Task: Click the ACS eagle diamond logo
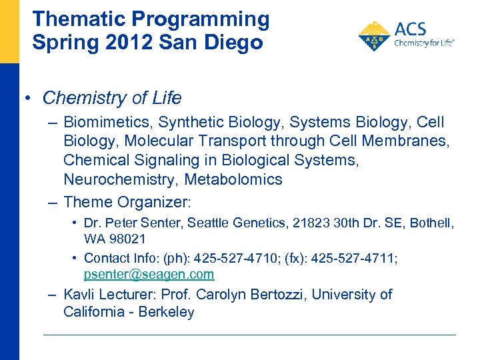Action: pyautogui.click(x=374, y=35)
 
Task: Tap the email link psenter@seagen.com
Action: pyautogui.click(x=149, y=274)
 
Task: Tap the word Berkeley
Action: pyautogui.click(x=167, y=312)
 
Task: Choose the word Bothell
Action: pyautogui.click(x=429, y=223)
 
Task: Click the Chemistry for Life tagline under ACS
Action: pyautogui.click(x=424, y=43)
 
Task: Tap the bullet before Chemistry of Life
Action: pyautogui.click(x=25, y=99)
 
